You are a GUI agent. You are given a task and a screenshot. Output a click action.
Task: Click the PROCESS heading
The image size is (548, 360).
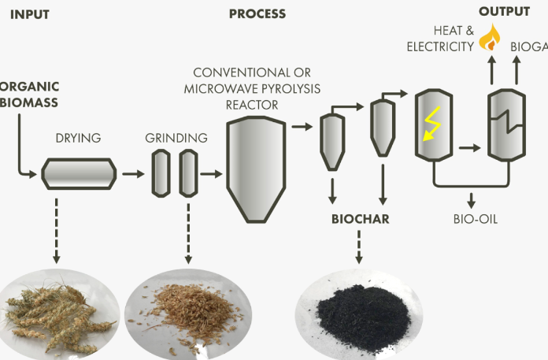click(257, 13)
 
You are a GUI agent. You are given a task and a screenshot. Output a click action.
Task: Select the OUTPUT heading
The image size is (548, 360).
click(504, 12)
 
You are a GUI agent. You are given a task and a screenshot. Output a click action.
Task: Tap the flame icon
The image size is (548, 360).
click(491, 36)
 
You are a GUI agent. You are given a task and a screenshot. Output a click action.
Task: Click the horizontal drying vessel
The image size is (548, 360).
click(80, 173)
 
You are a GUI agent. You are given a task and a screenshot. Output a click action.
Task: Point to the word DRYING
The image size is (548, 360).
click(78, 138)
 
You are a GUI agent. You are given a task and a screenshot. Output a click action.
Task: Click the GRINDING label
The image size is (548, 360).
click(176, 138)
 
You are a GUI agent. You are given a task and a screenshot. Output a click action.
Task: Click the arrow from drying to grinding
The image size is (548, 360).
click(131, 172)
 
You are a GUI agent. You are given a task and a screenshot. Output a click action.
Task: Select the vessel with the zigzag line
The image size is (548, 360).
click(504, 125)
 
